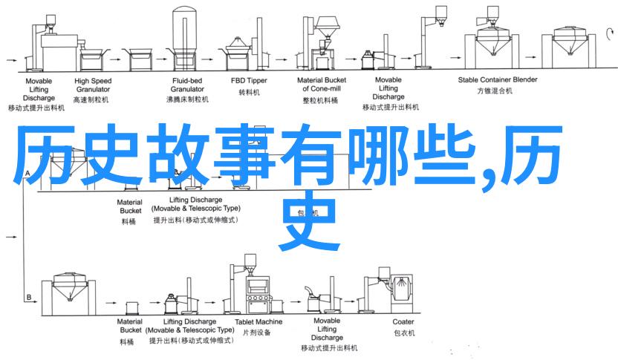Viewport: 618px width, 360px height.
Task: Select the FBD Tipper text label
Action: [x=249, y=79]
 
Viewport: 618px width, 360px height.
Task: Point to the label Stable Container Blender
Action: [x=497, y=79]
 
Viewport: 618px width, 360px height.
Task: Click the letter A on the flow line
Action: [x=28, y=175]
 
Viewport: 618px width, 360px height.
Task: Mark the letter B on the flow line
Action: [x=28, y=276]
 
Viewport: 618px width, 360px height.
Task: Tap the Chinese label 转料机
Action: [x=249, y=93]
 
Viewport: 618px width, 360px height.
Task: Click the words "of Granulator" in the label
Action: [x=322, y=88]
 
